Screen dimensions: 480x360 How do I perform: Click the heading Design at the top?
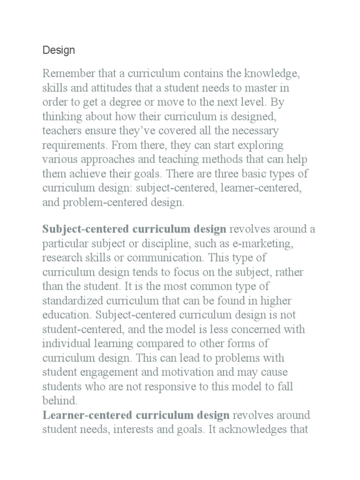59,50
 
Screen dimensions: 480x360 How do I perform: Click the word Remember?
66,73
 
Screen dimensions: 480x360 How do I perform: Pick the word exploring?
261,144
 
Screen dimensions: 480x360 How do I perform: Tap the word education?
64,314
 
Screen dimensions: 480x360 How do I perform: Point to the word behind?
60,400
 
